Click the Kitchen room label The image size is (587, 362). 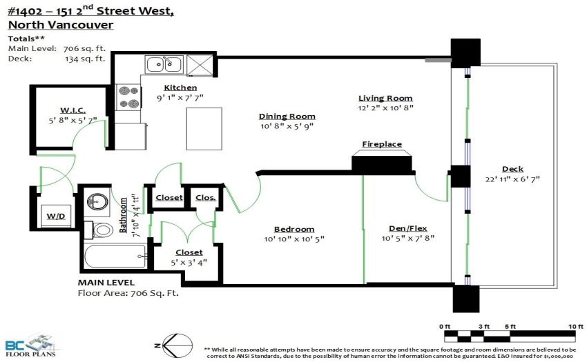pyautogui.click(x=180, y=88)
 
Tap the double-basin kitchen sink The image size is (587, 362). pyautogui.click(x=164, y=64)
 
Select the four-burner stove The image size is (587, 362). pyautogui.click(x=128, y=97)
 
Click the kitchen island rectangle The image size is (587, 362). pyautogui.click(x=204, y=129)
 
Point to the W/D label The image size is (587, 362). pyautogui.click(x=56, y=216)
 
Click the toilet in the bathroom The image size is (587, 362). pyautogui.click(x=99, y=230)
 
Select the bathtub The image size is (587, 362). pyautogui.click(x=115, y=256)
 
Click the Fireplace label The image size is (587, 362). pyautogui.click(x=382, y=144)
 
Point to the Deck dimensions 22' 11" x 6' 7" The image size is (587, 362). pyautogui.click(x=512, y=179)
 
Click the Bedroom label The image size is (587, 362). pyautogui.click(x=294, y=229)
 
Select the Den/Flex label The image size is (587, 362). pyautogui.click(x=408, y=228)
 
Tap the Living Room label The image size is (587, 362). pyautogui.click(x=385, y=98)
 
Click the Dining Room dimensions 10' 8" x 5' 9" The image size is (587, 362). pyautogui.click(x=287, y=126)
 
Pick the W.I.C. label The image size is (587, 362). pyautogui.click(x=73, y=110)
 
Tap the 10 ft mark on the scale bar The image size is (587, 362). pyautogui.click(x=575, y=326)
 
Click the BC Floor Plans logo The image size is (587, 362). pyautogui.click(x=30, y=345)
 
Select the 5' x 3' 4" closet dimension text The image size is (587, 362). pyautogui.click(x=189, y=263)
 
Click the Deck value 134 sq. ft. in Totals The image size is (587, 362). pyautogui.click(x=85, y=59)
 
